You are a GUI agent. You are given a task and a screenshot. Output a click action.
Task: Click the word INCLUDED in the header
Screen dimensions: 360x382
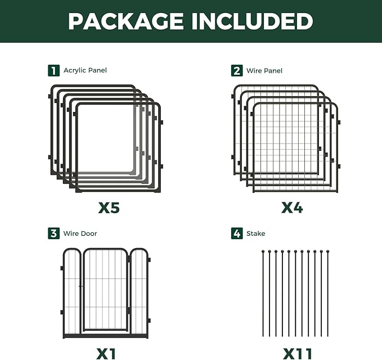coord(252,21)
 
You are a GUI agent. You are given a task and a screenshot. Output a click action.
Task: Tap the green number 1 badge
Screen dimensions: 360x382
coord(53,70)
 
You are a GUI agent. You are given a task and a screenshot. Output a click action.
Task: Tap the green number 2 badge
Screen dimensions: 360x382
coord(237,70)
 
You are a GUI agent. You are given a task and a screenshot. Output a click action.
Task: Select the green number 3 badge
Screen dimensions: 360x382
coord(53,233)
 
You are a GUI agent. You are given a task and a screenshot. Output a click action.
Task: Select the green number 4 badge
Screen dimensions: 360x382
coord(237,233)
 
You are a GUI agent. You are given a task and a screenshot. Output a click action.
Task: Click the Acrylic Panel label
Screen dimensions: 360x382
coord(85,70)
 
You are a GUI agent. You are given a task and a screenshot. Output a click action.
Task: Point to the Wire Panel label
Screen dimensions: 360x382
coord(264,70)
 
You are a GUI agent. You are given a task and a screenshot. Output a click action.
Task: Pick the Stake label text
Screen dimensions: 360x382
coord(255,233)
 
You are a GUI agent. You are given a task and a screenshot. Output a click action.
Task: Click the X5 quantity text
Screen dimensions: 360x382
coord(109,208)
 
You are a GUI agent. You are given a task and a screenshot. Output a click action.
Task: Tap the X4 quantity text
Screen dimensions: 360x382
coord(292,208)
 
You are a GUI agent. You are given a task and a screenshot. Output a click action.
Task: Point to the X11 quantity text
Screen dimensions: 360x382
coord(296,353)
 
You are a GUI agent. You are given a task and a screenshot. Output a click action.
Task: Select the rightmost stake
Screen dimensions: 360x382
coord(327,292)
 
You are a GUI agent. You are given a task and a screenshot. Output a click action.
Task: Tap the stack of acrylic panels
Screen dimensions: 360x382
coord(105,138)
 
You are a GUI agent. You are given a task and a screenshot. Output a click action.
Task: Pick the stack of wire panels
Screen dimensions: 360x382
coord(287,138)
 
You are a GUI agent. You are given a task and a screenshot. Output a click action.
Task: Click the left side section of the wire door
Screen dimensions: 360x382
coord(71,292)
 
